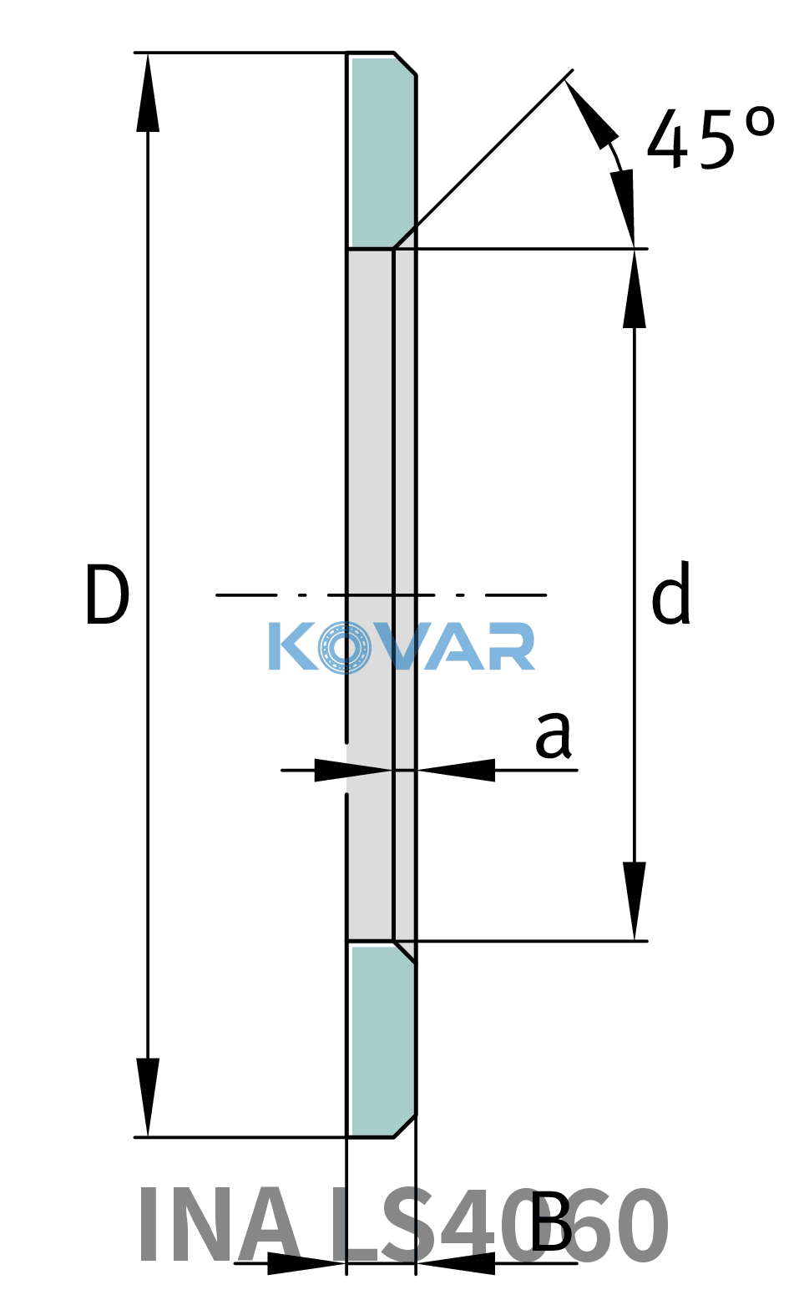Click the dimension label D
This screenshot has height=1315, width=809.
click(107, 594)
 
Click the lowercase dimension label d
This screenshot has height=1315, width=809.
click(671, 592)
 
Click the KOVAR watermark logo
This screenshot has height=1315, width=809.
click(402, 647)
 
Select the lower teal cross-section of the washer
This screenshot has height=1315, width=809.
click(382, 1039)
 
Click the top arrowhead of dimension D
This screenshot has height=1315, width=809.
click(148, 92)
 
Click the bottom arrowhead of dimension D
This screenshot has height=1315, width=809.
click(148, 1097)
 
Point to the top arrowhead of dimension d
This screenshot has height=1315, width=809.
click(634, 288)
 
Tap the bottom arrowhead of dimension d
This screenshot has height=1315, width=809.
click(634, 901)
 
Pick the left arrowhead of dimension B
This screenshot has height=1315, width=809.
click(306, 1263)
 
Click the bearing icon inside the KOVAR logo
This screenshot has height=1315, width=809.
click(345, 648)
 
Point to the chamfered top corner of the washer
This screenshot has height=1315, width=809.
click(405, 64)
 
